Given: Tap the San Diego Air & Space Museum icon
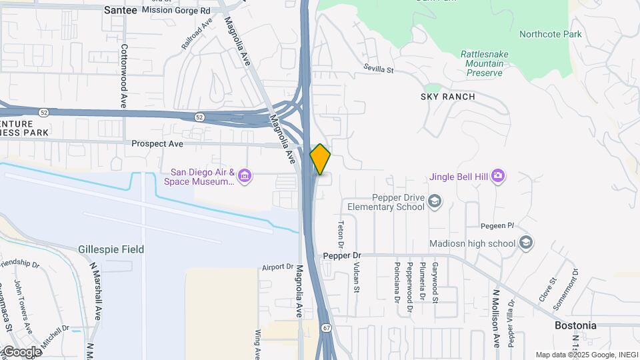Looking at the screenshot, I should [x=245, y=176].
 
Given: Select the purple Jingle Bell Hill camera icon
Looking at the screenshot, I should [x=498, y=176].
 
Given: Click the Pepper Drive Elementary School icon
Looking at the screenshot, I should [x=435, y=201].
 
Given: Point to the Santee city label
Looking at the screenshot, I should [x=121, y=10].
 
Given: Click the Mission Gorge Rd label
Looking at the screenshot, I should [x=176, y=10].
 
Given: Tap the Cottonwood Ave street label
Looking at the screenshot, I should [x=124, y=77].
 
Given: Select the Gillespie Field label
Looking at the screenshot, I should [x=111, y=249].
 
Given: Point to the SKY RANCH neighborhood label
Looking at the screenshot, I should [x=448, y=97].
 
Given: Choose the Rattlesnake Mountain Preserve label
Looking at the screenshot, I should [x=481, y=63].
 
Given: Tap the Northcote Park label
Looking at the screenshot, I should [x=550, y=34].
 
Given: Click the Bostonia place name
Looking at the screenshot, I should [x=575, y=326].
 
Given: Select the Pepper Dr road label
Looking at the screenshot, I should [x=341, y=255].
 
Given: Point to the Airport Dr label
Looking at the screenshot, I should [x=277, y=266].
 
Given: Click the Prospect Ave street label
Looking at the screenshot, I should [x=157, y=143].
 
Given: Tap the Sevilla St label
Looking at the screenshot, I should [x=379, y=68].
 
